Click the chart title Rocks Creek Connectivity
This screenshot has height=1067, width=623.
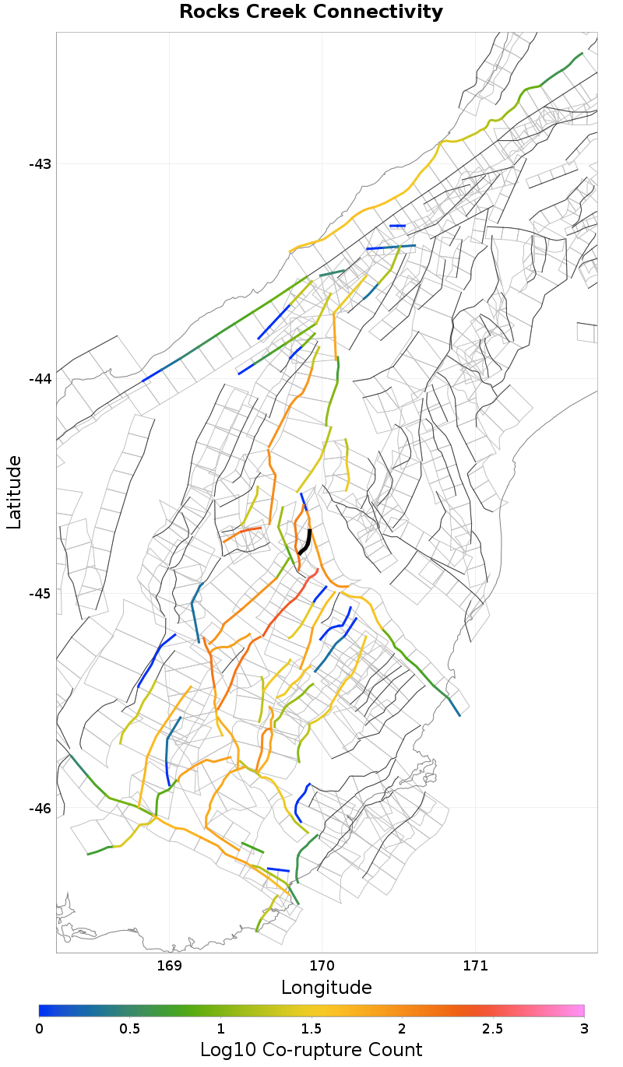311,12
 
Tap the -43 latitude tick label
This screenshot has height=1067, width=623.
40,164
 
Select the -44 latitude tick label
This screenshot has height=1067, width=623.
40,379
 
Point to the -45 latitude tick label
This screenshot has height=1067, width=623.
40,594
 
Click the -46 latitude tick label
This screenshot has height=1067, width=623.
40,809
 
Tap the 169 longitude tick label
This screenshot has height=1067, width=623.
169,966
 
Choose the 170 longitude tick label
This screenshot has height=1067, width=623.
322,966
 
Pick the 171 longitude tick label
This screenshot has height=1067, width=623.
475,966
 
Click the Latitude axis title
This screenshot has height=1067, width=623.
14,493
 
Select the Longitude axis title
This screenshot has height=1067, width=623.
326,988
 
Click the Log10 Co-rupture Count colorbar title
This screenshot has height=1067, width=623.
311,1049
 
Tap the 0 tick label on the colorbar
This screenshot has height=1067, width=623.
40,1028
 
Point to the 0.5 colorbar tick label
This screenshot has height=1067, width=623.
130,1028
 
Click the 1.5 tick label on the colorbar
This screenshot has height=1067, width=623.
311,1028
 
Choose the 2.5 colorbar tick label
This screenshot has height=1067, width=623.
493,1028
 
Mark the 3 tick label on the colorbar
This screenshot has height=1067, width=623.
584,1028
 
